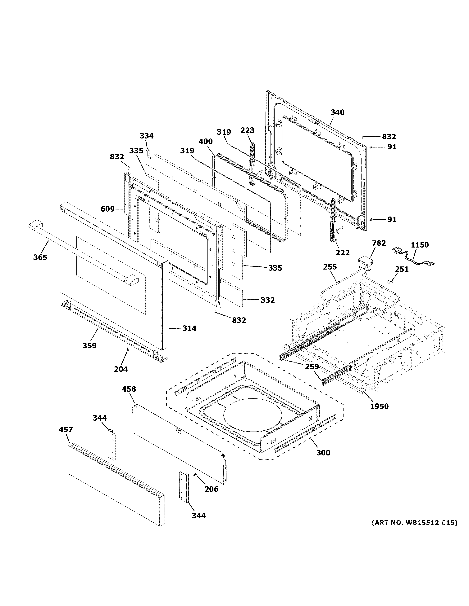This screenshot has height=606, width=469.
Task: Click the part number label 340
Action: click(x=337, y=112)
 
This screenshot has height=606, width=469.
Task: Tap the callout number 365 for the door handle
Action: click(x=40, y=257)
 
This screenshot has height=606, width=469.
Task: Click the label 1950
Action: click(x=380, y=406)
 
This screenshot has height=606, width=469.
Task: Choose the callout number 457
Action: click(x=66, y=429)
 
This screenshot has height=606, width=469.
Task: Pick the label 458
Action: click(x=129, y=389)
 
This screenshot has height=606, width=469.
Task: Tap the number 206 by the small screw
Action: click(x=212, y=489)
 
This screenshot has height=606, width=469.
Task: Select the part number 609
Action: click(x=107, y=209)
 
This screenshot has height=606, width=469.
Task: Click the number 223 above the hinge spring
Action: click(x=247, y=130)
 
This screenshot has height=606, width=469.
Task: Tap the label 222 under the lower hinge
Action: click(x=343, y=252)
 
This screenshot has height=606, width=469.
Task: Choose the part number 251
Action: click(x=402, y=269)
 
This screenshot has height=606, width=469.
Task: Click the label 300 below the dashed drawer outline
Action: click(x=323, y=453)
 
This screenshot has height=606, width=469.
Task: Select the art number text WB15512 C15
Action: click(x=414, y=522)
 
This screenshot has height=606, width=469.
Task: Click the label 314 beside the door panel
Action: click(x=189, y=328)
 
